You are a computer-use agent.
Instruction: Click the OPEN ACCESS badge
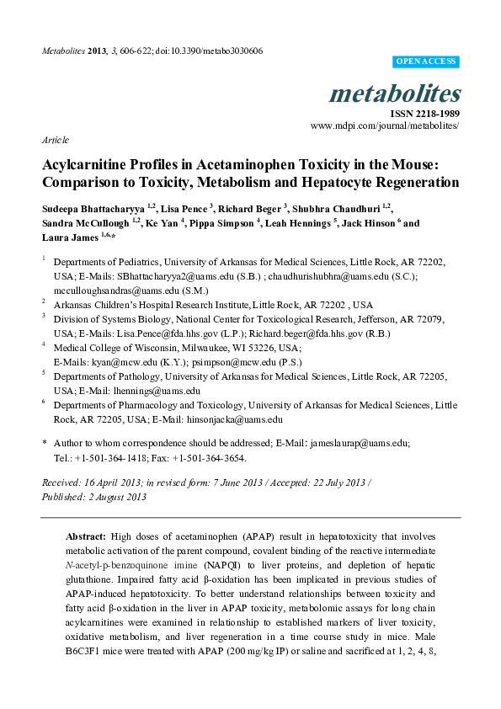[x=426, y=62]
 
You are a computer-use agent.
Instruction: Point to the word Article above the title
[x=55, y=140]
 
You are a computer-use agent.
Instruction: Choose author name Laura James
[x=69, y=240]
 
